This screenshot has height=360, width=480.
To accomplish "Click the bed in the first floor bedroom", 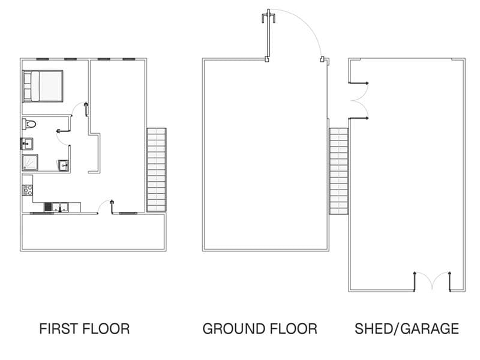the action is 43,86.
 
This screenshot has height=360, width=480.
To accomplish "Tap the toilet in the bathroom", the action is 29,124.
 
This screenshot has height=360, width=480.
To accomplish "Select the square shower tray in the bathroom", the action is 30,162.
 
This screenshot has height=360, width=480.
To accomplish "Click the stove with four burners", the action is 28,190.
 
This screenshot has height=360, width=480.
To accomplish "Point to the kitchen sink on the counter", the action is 60,207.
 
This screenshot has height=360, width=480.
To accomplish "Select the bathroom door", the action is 64,136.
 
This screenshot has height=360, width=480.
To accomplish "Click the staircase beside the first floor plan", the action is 157,170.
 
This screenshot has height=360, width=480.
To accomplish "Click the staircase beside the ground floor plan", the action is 338,171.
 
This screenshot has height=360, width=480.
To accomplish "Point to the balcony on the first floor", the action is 94,232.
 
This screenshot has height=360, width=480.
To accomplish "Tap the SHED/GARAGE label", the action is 407,329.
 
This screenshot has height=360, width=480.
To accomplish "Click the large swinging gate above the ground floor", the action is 294,35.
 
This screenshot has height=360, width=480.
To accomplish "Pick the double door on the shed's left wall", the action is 359,100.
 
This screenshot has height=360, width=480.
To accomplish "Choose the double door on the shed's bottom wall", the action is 432,281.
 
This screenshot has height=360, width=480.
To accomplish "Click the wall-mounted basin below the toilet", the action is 27,143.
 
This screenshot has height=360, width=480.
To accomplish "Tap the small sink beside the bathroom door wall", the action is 64,166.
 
